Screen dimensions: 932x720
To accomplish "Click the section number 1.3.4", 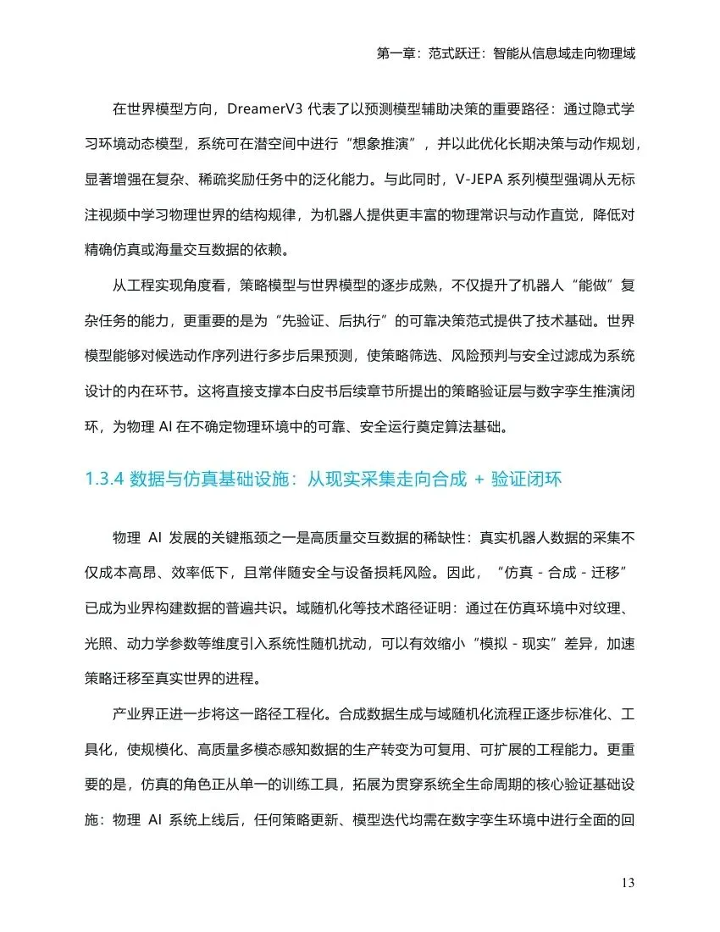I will (105, 480).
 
